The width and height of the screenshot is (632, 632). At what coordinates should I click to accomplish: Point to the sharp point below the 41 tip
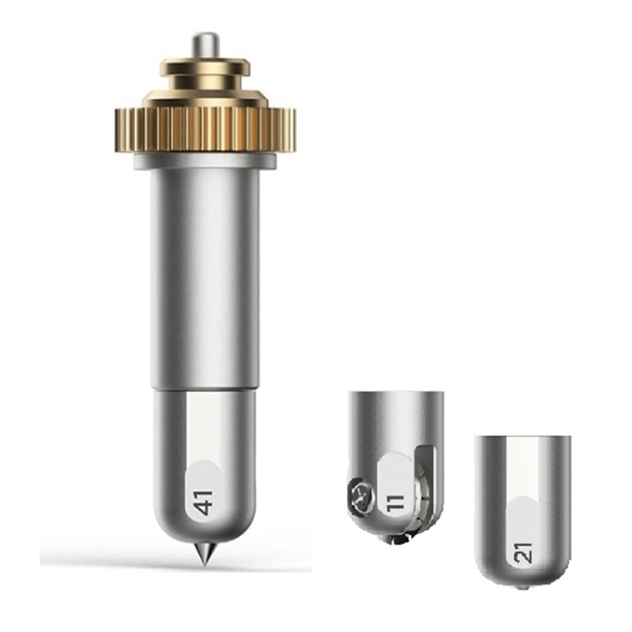[205, 558]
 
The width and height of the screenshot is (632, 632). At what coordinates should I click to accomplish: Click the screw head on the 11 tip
[358, 496]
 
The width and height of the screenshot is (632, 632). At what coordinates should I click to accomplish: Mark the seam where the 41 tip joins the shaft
[205, 388]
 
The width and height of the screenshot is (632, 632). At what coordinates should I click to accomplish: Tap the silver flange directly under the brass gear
[205, 161]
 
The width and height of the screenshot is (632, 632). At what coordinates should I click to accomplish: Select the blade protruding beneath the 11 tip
[403, 540]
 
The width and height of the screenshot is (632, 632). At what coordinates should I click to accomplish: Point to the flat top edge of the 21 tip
[525, 434]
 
